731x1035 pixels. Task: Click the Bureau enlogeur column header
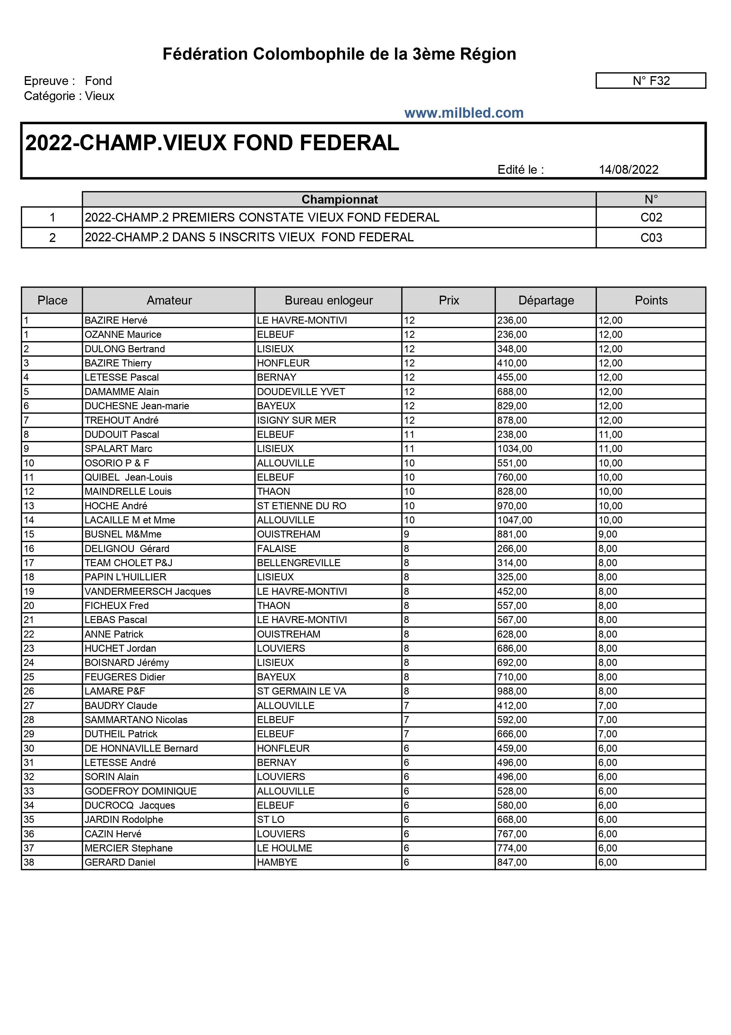pos(328,300)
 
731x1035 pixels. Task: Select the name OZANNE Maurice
pos(123,335)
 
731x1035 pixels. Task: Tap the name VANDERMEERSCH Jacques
pos(147,592)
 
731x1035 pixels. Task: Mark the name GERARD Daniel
pos(119,862)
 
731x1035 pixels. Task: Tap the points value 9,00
pos(607,534)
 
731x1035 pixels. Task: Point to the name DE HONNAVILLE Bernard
pos(141,748)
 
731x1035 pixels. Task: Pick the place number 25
pos(29,677)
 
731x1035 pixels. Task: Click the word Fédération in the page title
pos(205,54)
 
